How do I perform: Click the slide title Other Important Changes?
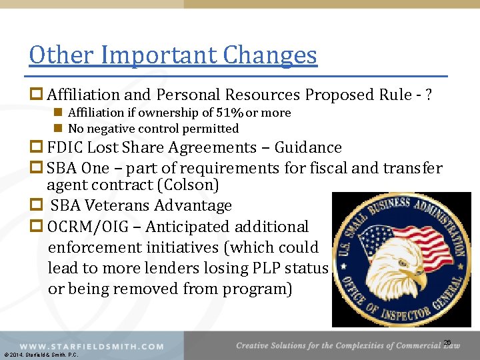coord(173,55)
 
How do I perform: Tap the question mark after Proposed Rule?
coord(427,95)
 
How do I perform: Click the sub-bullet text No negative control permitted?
coord(153,128)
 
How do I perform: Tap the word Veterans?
coord(119,206)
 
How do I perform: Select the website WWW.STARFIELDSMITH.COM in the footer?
coord(92,346)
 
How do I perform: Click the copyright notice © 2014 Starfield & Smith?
coord(41,355)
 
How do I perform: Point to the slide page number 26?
coord(447,343)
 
